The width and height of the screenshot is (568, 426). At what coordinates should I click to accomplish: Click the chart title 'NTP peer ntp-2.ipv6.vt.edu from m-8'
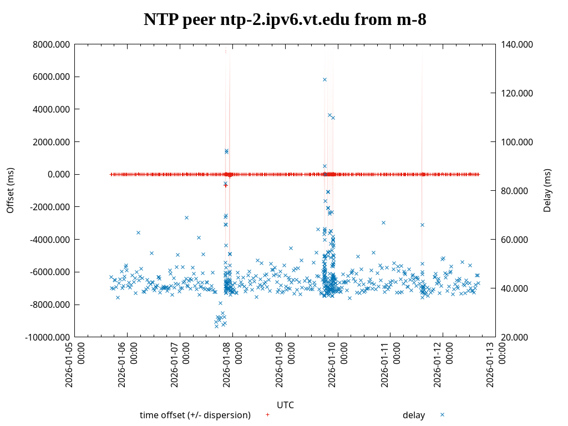click(285, 20)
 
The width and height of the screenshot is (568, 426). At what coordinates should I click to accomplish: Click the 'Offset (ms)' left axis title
click(10, 190)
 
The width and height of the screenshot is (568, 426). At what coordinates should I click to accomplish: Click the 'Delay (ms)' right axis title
click(547, 190)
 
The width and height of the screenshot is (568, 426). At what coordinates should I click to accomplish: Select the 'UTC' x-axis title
click(285, 405)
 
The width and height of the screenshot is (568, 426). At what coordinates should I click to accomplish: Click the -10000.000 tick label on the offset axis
click(48, 337)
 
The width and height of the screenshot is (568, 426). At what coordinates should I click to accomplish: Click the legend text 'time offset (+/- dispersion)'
click(195, 415)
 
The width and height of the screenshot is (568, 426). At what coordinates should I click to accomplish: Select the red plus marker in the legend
click(267, 415)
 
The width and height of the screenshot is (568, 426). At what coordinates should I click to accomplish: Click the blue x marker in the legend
click(442, 415)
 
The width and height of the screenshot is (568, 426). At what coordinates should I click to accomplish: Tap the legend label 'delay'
click(414, 415)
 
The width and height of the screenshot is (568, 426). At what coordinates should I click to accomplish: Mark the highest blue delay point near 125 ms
click(324, 79)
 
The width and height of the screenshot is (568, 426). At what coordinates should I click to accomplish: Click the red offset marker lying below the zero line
click(226, 185)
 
